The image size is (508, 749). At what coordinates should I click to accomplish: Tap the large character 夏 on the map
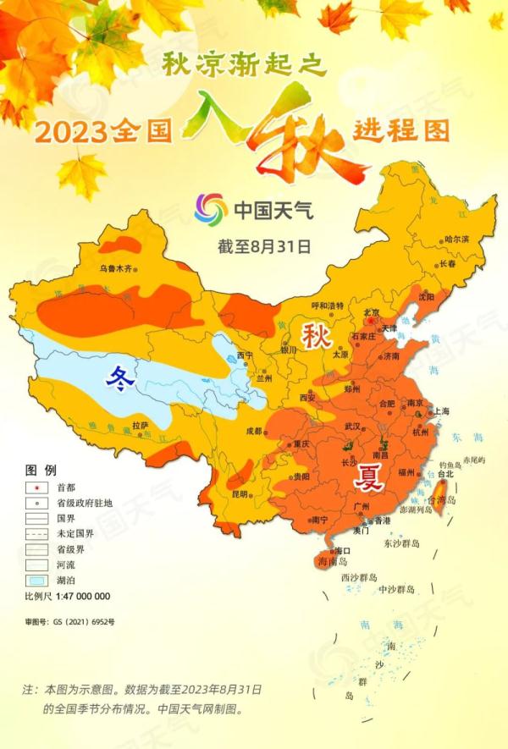[369, 478]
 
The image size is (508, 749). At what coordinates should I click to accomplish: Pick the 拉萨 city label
[141, 424]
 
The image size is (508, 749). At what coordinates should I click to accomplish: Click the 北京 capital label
[371, 311]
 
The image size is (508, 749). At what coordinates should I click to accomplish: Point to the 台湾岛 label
[446, 500]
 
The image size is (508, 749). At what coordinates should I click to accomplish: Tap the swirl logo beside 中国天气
[211, 209]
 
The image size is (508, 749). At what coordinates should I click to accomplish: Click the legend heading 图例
[41, 470]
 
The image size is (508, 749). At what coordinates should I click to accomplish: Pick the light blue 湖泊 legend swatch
[38, 580]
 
